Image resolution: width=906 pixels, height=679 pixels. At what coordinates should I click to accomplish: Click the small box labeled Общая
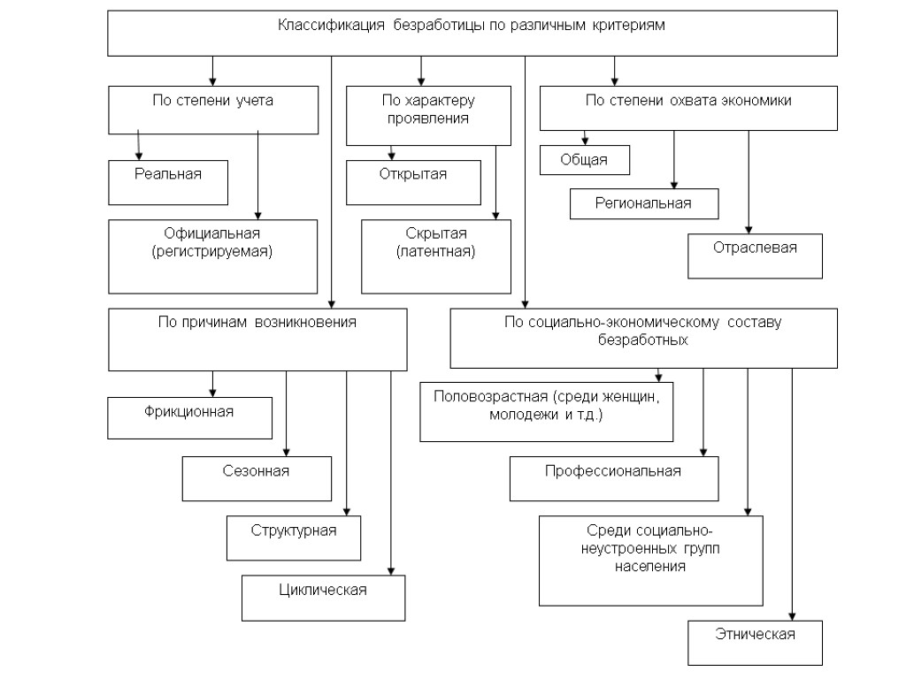click(x=585, y=160)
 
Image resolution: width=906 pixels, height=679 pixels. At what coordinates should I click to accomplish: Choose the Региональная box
click(x=643, y=204)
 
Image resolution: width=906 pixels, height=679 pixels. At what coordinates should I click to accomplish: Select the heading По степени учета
click(x=213, y=101)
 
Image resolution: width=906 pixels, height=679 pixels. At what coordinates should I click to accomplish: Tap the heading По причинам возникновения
click(x=257, y=322)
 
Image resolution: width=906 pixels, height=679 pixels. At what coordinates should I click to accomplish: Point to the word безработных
click(x=643, y=339)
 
